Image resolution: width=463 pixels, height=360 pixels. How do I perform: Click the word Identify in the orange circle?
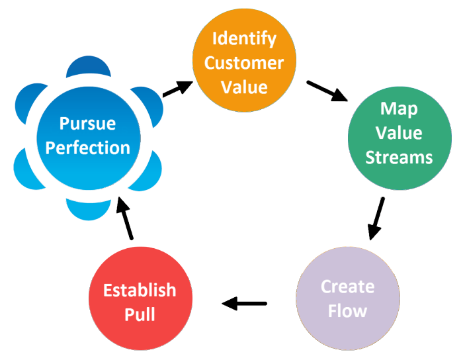point(243,38)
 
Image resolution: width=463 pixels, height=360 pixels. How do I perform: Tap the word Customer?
point(243,63)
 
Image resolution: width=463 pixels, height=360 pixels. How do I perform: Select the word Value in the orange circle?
point(243,87)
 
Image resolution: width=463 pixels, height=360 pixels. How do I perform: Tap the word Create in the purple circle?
point(347,287)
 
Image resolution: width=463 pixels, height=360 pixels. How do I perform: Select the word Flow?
point(347,310)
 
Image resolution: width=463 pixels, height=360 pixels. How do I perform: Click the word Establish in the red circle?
point(140,290)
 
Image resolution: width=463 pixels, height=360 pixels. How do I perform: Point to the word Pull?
point(140,314)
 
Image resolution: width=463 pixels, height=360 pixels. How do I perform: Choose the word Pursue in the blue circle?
point(87,123)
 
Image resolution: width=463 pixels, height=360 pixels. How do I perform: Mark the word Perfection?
point(87,148)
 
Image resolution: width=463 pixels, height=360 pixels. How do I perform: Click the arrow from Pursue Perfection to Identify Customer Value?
point(177,89)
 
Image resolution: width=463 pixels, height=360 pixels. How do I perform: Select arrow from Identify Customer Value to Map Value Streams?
point(328,91)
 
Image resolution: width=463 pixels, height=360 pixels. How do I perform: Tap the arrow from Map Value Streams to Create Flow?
point(376,218)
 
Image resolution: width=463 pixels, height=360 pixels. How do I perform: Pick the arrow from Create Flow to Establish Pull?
point(244,304)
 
